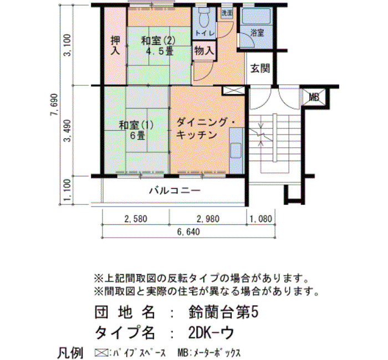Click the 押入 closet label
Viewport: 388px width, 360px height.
coord(115,45)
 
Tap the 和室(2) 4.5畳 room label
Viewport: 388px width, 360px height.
coord(159,46)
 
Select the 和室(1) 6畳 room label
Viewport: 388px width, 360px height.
coord(136,130)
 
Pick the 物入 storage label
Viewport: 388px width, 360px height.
coord(204,51)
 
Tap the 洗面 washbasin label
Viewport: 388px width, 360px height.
coord(227,13)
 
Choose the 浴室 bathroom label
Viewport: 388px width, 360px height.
coord(257,33)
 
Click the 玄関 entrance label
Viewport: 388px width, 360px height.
coord(260,68)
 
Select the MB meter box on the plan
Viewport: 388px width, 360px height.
coord(314,97)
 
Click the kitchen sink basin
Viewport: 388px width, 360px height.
coord(236,151)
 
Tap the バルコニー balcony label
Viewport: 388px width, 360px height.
coord(175,191)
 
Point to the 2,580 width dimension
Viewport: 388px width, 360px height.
coord(136,219)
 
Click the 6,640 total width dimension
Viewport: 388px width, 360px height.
coord(188,232)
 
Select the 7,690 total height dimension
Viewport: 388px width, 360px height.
coord(54,105)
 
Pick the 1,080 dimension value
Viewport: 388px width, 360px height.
coord(261,219)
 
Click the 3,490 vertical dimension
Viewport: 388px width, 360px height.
coord(68,131)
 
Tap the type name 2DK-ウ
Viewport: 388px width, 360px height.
coord(211,332)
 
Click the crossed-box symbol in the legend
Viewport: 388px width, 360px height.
coord(101,352)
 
